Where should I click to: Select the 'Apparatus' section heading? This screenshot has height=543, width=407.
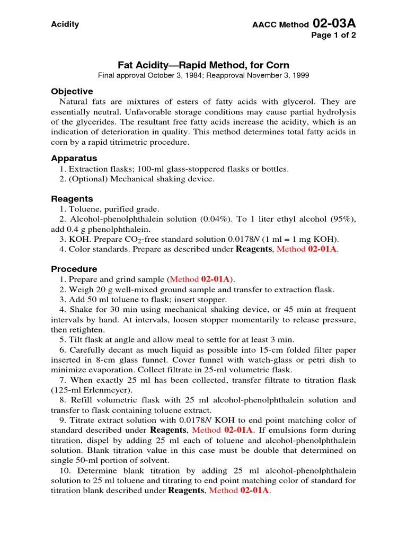pos(74,159)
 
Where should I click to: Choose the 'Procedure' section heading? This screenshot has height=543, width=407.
pos(74,269)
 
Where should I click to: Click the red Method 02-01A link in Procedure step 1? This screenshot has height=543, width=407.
pos(200,279)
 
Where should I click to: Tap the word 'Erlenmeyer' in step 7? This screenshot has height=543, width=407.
pos(109,390)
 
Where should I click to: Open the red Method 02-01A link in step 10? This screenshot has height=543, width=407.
pos(240,491)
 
